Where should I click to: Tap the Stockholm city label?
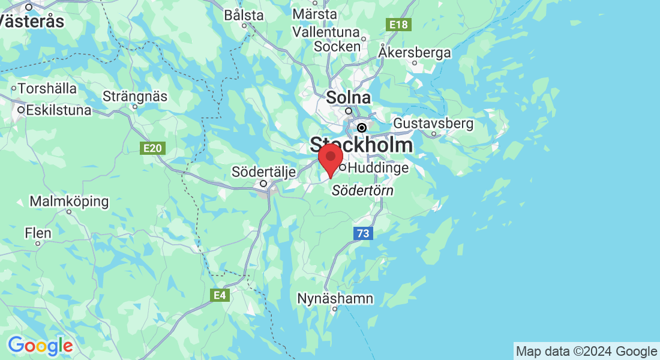[x=361, y=145]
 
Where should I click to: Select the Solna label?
[x=348, y=97]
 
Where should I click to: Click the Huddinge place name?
[x=378, y=168]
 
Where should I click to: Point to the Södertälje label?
[x=264, y=173]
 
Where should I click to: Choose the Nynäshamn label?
[x=335, y=298]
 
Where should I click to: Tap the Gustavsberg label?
[x=433, y=124]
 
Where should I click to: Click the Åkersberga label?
[x=415, y=52]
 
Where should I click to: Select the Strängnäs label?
[x=135, y=96]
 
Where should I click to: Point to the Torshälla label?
[x=47, y=88]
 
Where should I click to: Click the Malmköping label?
[x=69, y=201]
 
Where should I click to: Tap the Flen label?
[x=38, y=232]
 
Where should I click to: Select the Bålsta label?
[x=244, y=15]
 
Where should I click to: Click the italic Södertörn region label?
[x=363, y=191]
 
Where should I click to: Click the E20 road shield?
[x=153, y=148]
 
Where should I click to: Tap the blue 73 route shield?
[x=362, y=233]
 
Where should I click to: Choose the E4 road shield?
[x=220, y=295]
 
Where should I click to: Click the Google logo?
[x=40, y=346]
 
